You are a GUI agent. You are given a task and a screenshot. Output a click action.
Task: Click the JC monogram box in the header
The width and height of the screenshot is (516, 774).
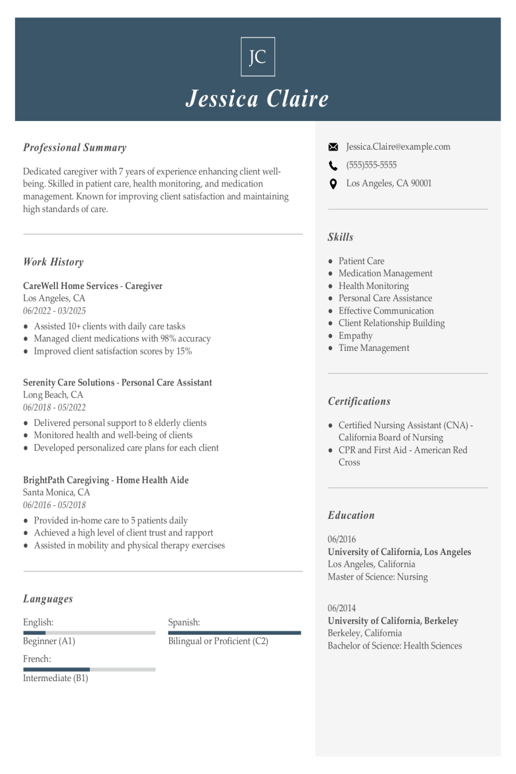[257, 57]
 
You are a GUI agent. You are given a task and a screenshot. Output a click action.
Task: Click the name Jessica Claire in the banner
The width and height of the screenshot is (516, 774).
[257, 99]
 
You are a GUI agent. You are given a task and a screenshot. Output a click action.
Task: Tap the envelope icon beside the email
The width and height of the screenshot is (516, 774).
[333, 147]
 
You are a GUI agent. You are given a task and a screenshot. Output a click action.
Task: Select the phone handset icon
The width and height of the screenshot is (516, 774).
[333, 166]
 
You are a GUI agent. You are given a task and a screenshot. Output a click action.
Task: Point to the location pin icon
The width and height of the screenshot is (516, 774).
[333, 184]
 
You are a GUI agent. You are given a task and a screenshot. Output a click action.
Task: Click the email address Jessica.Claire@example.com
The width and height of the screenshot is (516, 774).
[398, 147]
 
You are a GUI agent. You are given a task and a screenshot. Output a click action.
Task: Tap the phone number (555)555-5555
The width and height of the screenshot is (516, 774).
[371, 165]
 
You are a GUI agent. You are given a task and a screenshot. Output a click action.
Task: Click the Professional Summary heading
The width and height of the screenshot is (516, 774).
[75, 147]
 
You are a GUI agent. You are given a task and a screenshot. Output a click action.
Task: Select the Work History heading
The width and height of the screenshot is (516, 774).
[53, 262]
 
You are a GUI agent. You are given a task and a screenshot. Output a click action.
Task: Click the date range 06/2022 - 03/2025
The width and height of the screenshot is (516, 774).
[54, 311]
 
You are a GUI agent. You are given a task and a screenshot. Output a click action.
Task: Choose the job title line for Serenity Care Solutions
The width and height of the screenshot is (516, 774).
[118, 382]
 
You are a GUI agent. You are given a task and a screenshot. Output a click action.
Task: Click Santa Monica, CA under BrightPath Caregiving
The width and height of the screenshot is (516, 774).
[56, 492]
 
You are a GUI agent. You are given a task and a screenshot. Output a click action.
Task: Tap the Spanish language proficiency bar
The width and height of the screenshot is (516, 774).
[234, 633]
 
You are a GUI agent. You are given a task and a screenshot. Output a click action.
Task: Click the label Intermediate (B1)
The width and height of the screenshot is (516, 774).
[56, 678]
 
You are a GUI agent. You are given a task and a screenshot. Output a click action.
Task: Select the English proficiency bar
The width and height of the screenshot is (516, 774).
[89, 633]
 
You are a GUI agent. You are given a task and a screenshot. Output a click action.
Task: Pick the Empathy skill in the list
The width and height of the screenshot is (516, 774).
[355, 336]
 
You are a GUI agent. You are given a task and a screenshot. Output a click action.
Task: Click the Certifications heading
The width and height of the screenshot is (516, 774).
[359, 401]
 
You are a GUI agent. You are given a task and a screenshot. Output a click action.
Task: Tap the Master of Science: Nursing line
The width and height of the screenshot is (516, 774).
[378, 577]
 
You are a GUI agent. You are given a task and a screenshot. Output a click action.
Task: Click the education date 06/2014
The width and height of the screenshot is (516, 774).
[342, 608]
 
